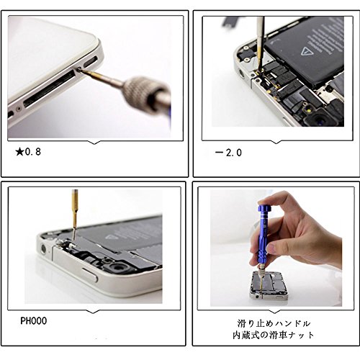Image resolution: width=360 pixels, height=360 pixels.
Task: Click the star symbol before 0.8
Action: pos(19,152)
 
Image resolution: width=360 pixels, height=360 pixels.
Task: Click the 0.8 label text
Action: pos(33,152)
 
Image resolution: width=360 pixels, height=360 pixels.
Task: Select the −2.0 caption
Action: pos(228,153)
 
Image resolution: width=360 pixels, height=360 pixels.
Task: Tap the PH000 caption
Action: pos(33,321)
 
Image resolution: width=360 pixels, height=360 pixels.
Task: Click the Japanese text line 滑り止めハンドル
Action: pos(274,323)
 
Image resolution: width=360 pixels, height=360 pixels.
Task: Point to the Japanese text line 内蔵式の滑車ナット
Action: pos(274,335)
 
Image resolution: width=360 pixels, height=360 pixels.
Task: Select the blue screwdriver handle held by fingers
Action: pos(264,233)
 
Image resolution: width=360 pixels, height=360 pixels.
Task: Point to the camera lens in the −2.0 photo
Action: pos(320,120)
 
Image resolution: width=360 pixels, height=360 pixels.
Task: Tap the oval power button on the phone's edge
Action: pos(89,274)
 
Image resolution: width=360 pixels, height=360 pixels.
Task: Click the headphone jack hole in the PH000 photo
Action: pos(43,248)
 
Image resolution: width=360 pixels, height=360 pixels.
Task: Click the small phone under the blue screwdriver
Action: pos(269,286)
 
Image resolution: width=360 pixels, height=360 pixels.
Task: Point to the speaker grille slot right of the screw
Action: pos(90,62)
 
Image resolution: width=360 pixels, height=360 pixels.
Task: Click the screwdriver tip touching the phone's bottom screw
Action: pos(80,69)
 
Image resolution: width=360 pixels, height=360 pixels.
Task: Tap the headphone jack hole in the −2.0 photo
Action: pos(241,73)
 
